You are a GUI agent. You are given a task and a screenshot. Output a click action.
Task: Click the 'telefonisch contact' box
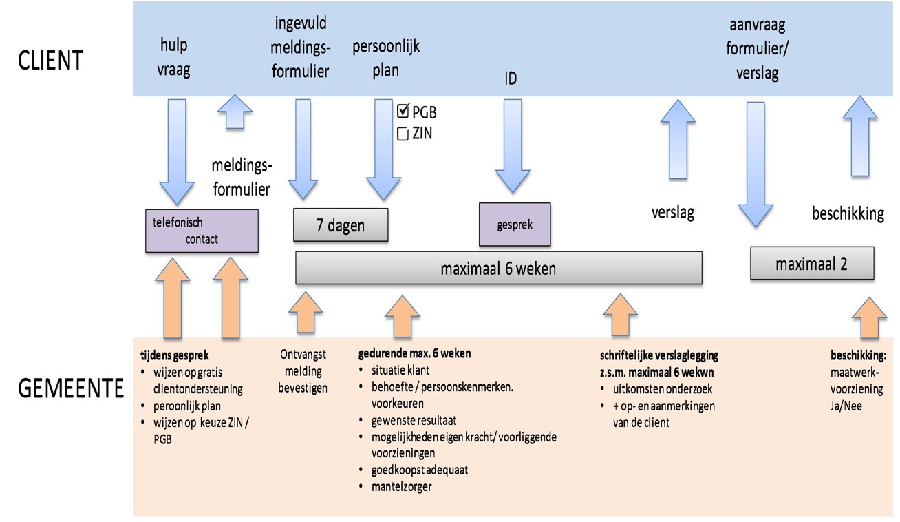pyautogui.click(x=202, y=230)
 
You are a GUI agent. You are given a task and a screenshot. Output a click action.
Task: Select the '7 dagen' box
pyautogui.click(x=340, y=226)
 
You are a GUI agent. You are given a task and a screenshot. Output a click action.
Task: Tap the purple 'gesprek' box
pyautogui.click(x=515, y=224)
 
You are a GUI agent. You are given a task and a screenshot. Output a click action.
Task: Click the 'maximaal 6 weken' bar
pyautogui.click(x=498, y=268)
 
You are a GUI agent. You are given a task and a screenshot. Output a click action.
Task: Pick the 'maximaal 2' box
pyautogui.click(x=811, y=263)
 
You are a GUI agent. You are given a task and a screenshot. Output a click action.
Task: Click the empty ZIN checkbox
pyautogui.click(x=403, y=134)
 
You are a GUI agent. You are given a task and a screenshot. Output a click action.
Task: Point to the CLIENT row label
pyautogui.click(x=51, y=60)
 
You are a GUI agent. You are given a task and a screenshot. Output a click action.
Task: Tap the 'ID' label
pyautogui.click(x=510, y=79)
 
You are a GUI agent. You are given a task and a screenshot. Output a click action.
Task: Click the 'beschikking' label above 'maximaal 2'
pyautogui.click(x=848, y=213)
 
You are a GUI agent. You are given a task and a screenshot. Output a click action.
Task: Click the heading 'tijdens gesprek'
pyautogui.click(x=172, y=355)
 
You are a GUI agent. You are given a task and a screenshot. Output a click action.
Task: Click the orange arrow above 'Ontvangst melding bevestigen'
pyautogui.click(x=304, y=312)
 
